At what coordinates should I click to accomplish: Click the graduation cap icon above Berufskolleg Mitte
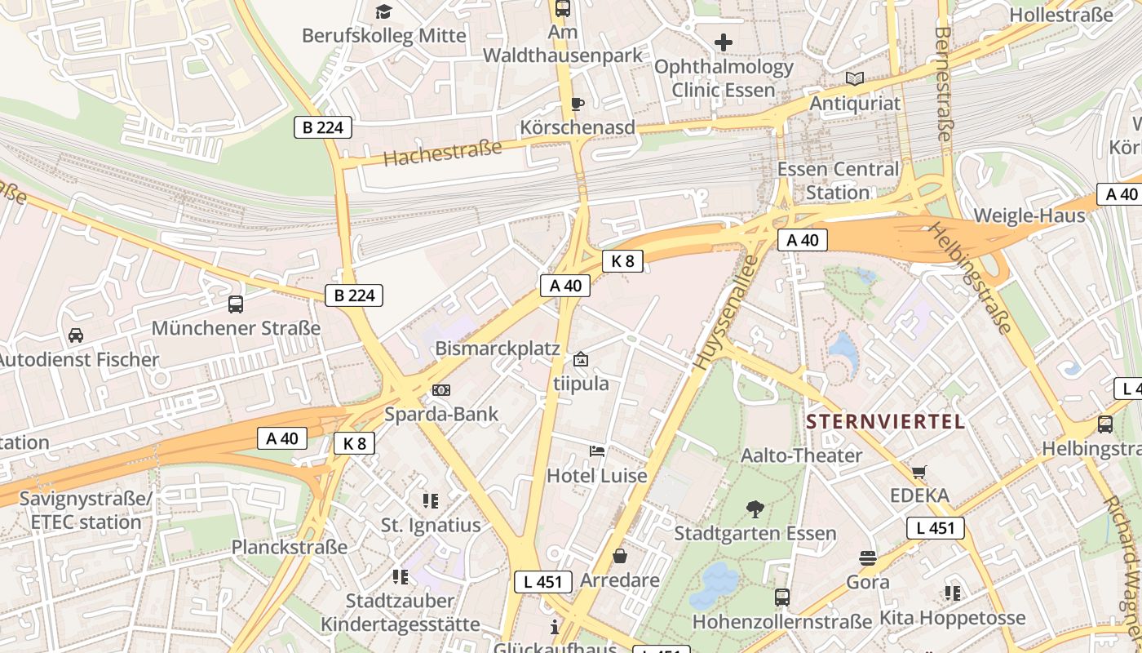[383, 11]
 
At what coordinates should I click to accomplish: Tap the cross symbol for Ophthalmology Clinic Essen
[724, 42]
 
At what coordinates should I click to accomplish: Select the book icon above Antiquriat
[855, 79]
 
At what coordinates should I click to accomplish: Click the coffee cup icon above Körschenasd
[578, 104]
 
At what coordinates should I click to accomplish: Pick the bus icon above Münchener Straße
[236, 304]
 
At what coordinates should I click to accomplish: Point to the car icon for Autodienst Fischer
[76, 335]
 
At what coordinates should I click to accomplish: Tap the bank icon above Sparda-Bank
[441, 390]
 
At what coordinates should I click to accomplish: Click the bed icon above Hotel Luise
[597, 451]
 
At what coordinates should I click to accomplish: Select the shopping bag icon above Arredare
[620, 557]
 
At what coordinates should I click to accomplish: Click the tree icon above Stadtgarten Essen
[755, 509]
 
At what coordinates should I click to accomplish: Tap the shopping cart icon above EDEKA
[919, 472]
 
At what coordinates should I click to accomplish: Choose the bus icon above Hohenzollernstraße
[782, 597]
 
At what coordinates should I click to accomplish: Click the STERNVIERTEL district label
[885, 422]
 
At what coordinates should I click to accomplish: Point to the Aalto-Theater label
[801, 455]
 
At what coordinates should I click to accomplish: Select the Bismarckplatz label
[498, 349]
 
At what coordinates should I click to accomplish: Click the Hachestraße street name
[442, 153]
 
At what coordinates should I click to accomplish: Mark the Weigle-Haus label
[1029, 215]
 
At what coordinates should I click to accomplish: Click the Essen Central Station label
[838, 181]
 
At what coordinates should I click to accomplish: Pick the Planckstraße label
[290, 547]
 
